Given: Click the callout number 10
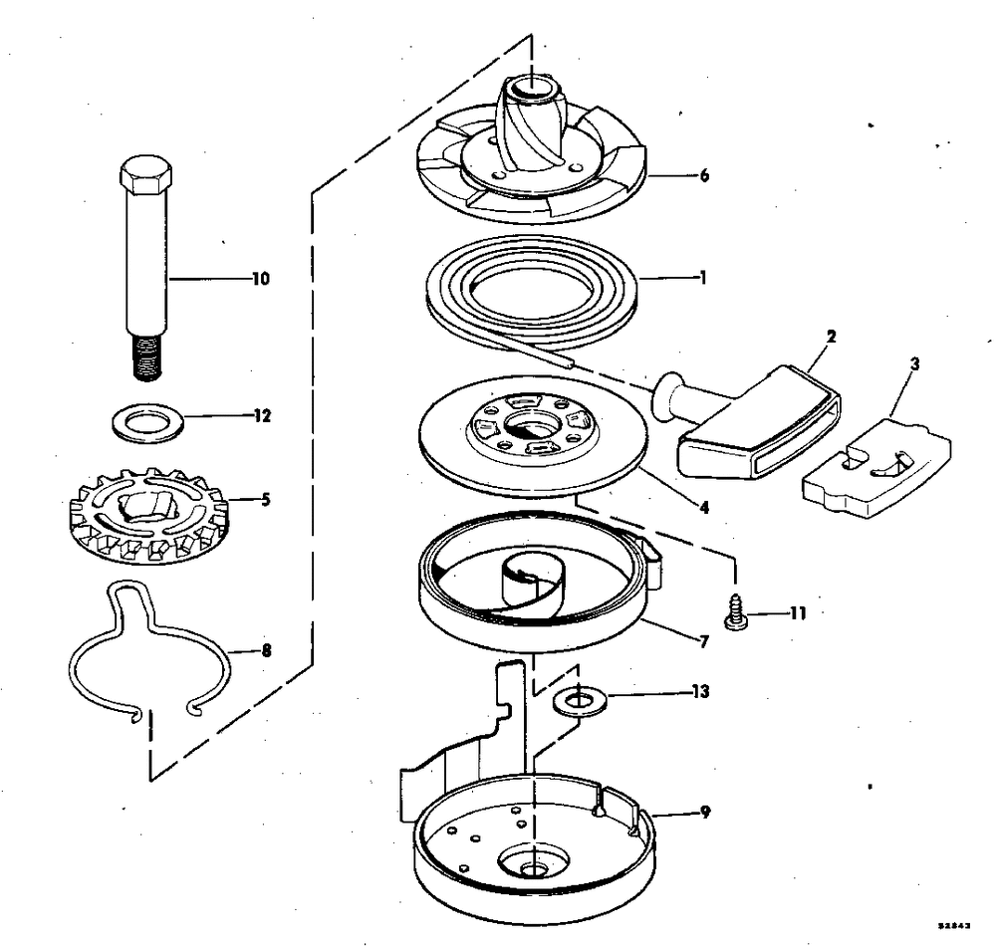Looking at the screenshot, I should tap(260, 280).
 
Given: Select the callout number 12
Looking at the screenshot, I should tap(262, 416).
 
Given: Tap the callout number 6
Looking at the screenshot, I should tap(703, 175).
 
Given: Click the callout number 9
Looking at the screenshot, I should tap(703, 812).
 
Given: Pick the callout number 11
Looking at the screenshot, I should tap(799, 612).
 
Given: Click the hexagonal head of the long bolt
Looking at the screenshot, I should tap(145, 176).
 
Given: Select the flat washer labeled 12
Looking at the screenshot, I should tap(149, 421).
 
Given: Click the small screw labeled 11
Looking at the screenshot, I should tap(737, 612).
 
